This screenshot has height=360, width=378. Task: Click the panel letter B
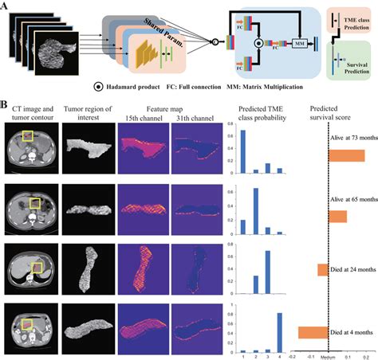click(5, 104)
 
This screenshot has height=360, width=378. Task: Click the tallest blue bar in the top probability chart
click(242, 151)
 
